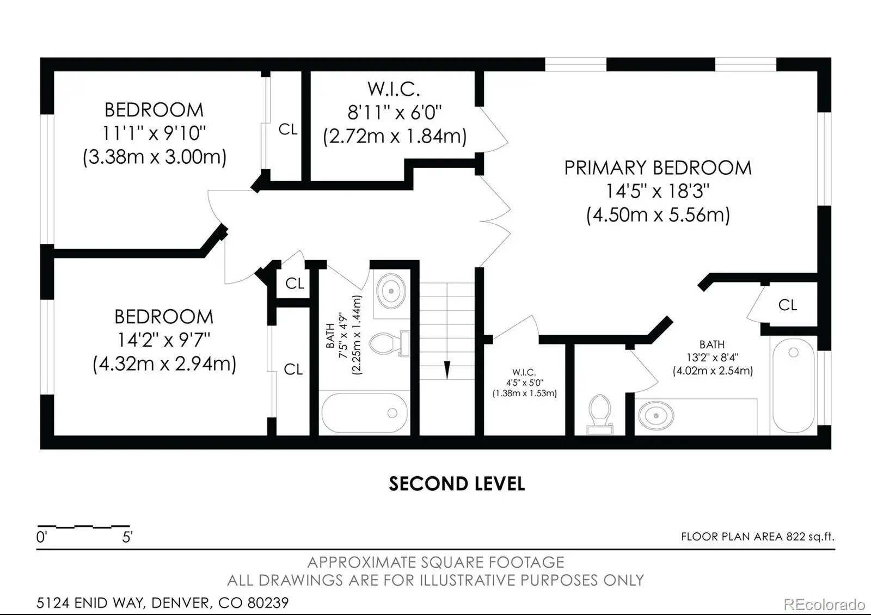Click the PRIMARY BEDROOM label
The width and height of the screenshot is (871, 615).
click(658, 168)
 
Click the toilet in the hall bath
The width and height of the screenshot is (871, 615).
click(389, 343)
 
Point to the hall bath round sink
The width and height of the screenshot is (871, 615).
click(391, 291)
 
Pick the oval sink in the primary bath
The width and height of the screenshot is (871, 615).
click(656, 416)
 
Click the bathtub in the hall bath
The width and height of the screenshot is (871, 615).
click(364, 413)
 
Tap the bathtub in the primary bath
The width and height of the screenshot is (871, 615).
click(793, 385)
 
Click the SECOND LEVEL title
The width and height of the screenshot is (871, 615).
click(457, 484)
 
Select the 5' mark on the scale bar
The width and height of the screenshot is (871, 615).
click(127, 537)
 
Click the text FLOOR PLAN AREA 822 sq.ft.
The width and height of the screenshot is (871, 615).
click(757, 537)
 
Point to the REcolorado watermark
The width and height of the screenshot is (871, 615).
click(824, 605)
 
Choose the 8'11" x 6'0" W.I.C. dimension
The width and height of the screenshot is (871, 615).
click(394, 113)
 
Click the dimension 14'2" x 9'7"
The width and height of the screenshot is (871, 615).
click(164, 340)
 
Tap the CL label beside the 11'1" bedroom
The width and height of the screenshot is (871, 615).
click(288, 130)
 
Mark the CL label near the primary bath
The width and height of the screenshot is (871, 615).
click(788, 305)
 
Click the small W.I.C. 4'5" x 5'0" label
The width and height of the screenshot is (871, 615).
click(525, 383)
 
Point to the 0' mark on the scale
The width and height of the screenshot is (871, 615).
click(41, 537)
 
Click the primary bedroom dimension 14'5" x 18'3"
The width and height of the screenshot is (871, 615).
click(658, 191)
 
